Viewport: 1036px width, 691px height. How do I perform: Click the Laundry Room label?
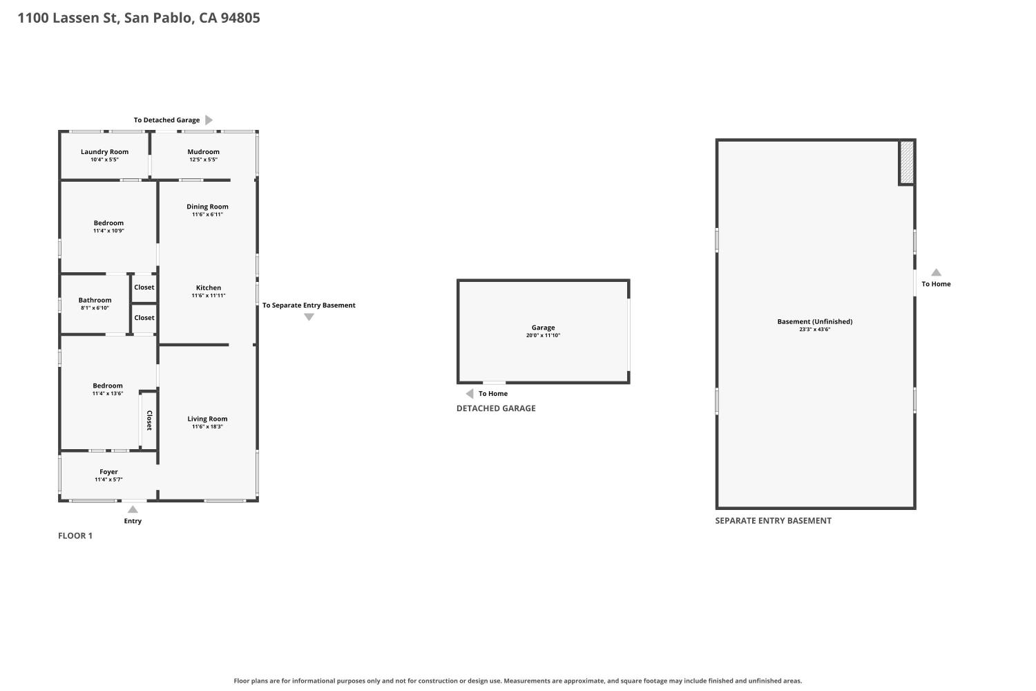click(104, 152)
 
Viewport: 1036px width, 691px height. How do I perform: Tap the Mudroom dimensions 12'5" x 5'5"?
click(204, 160)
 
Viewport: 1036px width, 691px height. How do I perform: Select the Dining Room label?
click(207, 207)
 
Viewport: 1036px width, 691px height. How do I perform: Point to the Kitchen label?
click(209, 288)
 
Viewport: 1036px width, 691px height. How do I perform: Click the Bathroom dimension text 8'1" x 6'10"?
click(95, 308)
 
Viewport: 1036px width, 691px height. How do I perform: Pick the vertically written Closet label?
click(149, 420)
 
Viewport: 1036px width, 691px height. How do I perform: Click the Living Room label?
click(207, 419)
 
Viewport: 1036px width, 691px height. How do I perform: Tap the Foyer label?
click(108, 472)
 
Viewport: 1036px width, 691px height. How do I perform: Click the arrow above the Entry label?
click(133, 509)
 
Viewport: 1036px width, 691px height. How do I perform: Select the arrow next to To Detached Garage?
click(209, 120)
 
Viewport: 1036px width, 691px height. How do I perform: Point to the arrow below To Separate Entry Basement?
click(309, 317)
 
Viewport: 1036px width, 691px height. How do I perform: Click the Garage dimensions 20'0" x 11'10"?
click(543, 336)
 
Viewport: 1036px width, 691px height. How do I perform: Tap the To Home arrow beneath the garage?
click(470, 394)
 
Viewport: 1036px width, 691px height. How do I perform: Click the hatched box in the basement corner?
click(907, 162)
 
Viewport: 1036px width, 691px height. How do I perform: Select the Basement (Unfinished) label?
click(815, 322)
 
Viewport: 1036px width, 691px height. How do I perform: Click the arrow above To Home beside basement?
click(936, 272)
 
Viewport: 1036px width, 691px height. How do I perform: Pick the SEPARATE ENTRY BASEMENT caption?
click(774, 521)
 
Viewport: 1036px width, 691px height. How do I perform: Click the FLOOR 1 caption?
click(75, 536)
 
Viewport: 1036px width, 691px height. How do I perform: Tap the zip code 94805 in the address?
click(240, 17)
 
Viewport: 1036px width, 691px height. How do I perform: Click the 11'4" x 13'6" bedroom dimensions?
click(108, 394)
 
